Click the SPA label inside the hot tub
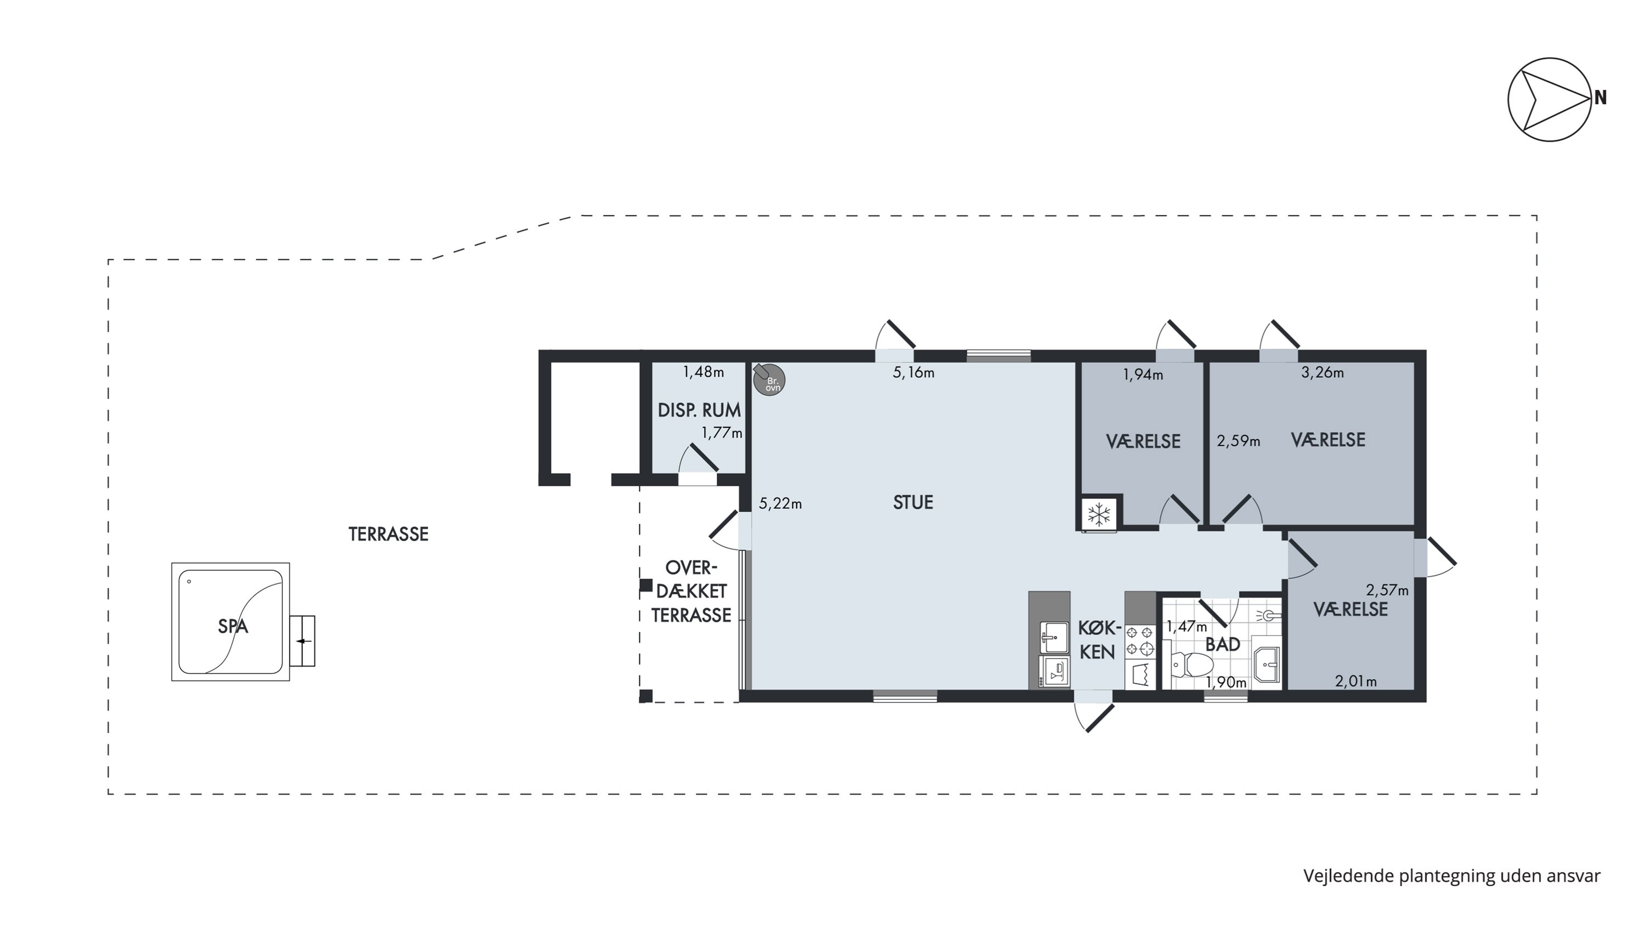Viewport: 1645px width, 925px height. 232,626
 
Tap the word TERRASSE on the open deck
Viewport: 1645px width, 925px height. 388,534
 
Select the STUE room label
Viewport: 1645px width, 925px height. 912,502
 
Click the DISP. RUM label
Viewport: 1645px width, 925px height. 699,410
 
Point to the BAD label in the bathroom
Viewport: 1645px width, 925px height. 1222,645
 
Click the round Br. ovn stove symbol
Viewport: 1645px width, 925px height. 769,381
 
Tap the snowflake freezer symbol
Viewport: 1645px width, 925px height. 1099,514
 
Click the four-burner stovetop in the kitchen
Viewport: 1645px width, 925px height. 1140,641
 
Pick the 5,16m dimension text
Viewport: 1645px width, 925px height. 913,373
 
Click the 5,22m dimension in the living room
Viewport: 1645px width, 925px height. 780,504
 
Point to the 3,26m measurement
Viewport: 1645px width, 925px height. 1322,373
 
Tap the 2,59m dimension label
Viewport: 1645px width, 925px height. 1238,441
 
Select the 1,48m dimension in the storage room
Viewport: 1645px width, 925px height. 703,372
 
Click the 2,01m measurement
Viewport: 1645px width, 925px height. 1355,682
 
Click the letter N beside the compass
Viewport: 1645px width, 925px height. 1600,98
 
